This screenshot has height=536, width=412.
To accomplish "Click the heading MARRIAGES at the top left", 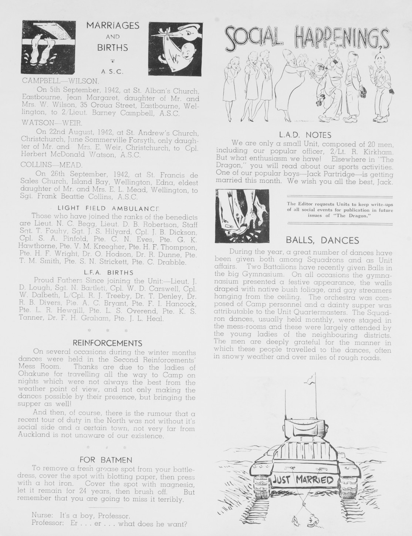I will click(x=112, y=26).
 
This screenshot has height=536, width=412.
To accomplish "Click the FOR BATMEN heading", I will click(x=106, y=460).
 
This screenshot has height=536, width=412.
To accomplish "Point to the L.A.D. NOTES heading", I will click(x=305, y=135).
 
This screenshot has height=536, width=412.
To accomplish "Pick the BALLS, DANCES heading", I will click(x=322, y=240).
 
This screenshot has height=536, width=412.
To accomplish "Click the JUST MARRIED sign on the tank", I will click(x=303, y=481).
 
